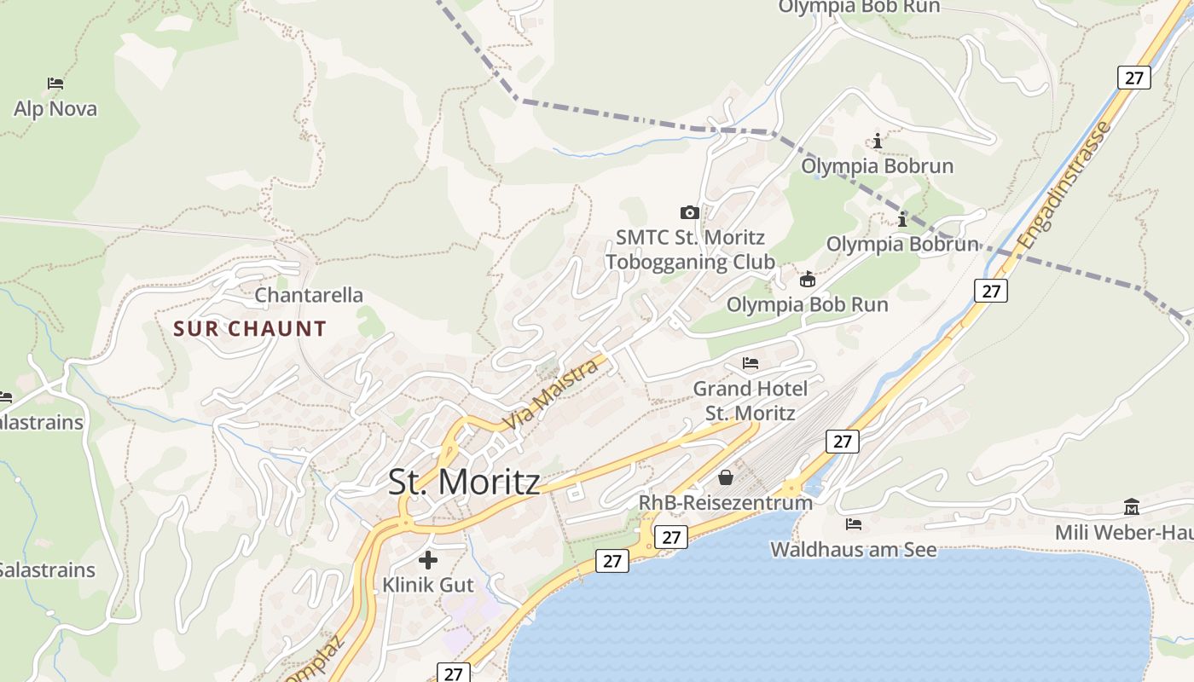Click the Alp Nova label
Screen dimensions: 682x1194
click(55, 109)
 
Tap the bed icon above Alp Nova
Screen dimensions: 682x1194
click(55, 84)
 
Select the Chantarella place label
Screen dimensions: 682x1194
click(309, 295)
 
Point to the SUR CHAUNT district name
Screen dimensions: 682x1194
click(250, 329)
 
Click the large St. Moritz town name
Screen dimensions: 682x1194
click(464, 483)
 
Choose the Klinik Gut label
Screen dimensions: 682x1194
click(427, 585)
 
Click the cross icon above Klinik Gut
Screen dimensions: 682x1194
click(428, 560)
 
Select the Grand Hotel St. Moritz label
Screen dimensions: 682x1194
click(750, 401)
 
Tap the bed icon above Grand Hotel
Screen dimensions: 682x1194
click(751, 364)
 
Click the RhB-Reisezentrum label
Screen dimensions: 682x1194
click(725, 503)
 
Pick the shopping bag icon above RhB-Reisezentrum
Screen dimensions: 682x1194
click(725, 477)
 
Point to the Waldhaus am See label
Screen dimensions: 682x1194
click(853, 550)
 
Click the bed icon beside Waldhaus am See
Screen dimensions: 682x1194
click(853, 523)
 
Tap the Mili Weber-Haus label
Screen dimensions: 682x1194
click(1124, 533)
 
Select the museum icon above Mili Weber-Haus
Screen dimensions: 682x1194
click(1132, 506)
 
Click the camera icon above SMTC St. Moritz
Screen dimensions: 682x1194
click(690, 212)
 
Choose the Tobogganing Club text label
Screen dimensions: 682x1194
click(690, 262)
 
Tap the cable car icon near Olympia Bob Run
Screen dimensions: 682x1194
click(807, 279)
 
